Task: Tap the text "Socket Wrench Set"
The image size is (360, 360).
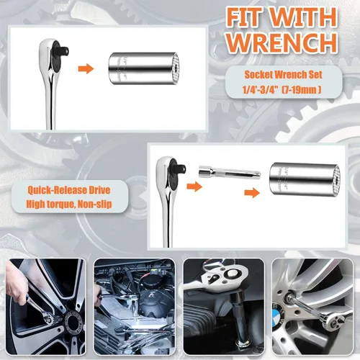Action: pyautogui.click(x=284, y=75)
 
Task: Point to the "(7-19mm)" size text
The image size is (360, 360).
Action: pyautogui.click(x=302, y=90)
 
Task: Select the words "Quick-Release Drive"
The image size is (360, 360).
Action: pyautogui.click(x=69, y=190)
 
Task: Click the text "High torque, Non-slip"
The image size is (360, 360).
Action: pyautogui.click(x=69, y=204)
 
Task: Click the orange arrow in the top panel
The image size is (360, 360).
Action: pyautogui.click(x=86, y=69)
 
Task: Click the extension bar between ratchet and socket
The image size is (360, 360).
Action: pyautogui.click(x=229, y=172)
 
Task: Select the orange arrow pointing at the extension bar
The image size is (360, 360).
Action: pyautogui.click(x=194, y=186)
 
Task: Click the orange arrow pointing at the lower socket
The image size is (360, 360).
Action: pyautogui.click(x=252, y=193)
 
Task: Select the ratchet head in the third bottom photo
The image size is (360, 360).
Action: pyautogui.click(x=221, y=279)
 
